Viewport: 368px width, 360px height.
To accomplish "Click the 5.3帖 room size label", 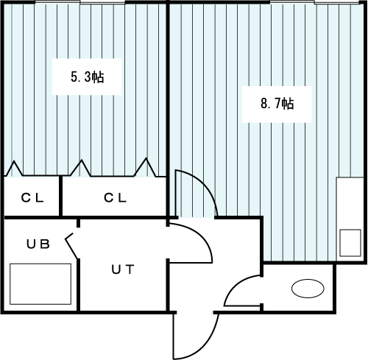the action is tap(88, 77).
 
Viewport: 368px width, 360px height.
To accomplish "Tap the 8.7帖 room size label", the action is tap(277, 103).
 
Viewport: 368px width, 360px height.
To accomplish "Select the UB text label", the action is tap(38, 244).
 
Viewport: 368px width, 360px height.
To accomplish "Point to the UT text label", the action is tap(123, 269).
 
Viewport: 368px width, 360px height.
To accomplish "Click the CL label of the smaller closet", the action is tap(32, 198).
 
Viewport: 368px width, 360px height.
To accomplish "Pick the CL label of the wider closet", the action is tap(115, 198).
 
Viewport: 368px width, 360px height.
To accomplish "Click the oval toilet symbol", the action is tap(308, 289).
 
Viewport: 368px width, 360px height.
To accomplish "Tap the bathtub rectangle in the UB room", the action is tap(40, 284).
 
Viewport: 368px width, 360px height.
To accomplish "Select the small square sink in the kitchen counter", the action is tap(350, 243).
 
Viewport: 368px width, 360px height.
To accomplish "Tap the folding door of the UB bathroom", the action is tap(71, 246).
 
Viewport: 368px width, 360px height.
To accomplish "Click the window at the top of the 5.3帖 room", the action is tap(80, 2).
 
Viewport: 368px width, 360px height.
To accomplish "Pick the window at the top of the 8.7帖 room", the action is tap(314, 2).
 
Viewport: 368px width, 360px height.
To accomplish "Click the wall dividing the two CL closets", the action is tap(60, 197).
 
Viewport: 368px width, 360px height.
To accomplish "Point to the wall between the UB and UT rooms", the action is tap(79, 285).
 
